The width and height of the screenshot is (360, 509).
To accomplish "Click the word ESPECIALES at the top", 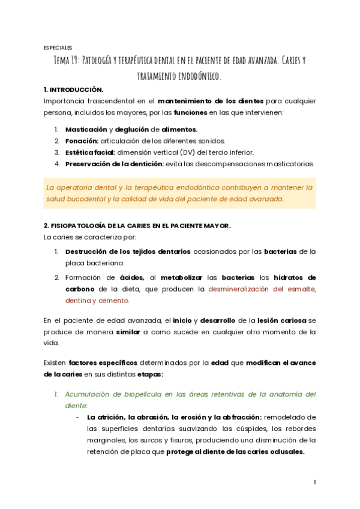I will coord(58,47).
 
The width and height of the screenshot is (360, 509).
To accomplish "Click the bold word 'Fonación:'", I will coord(82,140).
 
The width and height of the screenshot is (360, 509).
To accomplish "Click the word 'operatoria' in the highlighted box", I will coord(78,187).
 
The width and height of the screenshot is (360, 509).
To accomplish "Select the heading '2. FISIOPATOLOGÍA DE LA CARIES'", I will coord(137,226).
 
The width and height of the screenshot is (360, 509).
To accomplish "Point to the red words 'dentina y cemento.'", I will coord(97,301).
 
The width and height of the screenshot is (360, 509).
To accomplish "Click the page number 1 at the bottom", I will coord(314,482).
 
